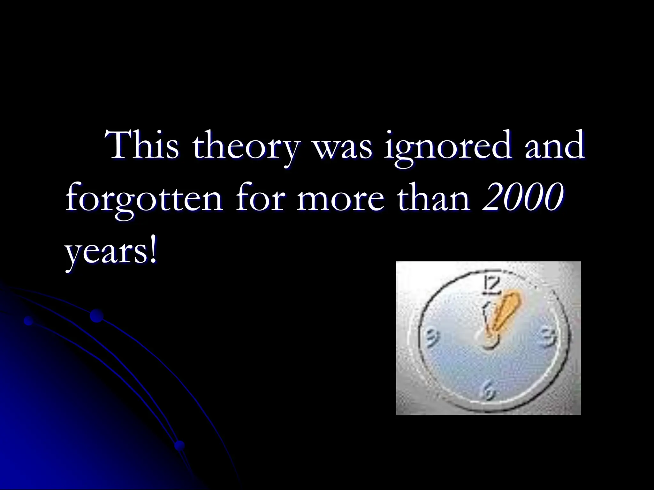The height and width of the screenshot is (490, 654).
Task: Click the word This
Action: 144,145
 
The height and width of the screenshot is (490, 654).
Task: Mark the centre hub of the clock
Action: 488,341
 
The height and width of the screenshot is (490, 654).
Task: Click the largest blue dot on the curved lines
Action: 96,316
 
